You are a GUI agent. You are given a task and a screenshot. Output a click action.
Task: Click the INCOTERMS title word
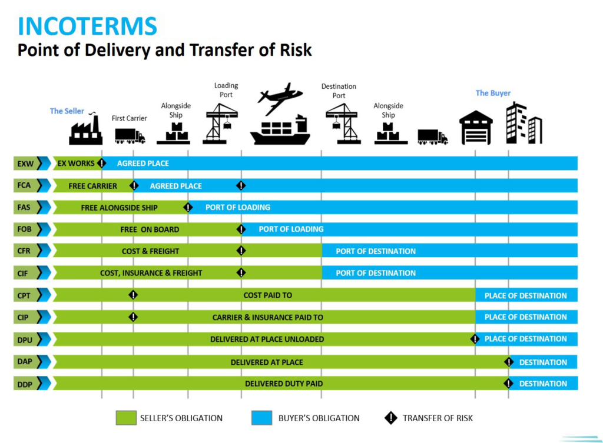[x=88, y=26]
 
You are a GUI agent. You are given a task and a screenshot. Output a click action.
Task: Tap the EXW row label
[x=25, y=163]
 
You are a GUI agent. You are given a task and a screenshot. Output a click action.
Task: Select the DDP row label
[x=25, y=384]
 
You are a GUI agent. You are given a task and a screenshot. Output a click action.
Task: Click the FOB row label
[x=25, y=229]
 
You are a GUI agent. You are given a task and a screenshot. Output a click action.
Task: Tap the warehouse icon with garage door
[x=475, y=128]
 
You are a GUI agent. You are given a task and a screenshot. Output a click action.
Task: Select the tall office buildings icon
[x=524, y=124]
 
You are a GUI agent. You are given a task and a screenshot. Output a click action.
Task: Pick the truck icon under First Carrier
[x=130, y=136]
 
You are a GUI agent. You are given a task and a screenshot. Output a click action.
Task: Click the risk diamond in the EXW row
[x=102, y=163]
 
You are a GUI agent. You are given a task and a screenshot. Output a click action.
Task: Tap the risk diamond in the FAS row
[x=188, y=207]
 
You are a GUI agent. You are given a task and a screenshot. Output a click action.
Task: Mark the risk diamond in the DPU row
[x=475, y=339]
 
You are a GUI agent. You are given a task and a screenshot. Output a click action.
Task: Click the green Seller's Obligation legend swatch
[x=126, y=418]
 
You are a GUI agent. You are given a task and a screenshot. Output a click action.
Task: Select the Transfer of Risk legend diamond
[x=390, y=418]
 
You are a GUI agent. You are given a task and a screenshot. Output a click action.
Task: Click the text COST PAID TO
[x=267, y=295]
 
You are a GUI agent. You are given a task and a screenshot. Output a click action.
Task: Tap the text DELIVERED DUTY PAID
[x=284, y=384]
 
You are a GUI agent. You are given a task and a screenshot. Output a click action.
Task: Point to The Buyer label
[x=493, y=93]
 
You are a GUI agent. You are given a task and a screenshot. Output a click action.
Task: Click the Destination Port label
[x=339, y=91]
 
